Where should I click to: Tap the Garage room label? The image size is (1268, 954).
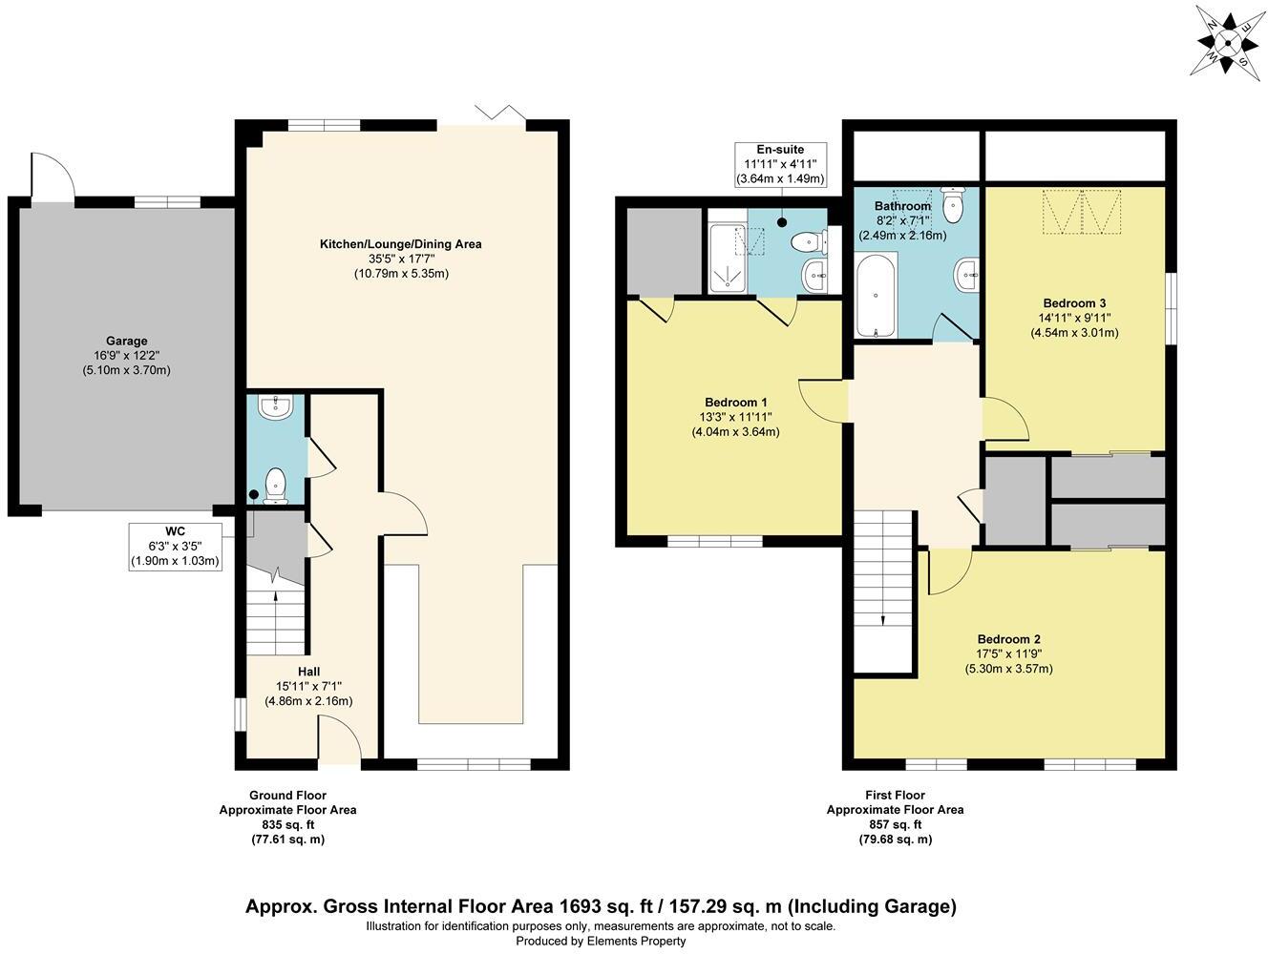coord(126,341)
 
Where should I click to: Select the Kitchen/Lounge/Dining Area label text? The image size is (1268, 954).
coord(400,244)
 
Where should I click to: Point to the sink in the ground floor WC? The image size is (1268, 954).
coord(277,407)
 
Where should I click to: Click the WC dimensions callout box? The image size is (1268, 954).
coord(176,547)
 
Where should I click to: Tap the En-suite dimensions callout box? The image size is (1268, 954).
coord(780,164)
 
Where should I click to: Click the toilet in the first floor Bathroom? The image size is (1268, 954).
coord(954,201)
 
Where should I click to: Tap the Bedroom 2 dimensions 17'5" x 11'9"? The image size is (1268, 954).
coord(1008,653)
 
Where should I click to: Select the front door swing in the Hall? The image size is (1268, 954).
coord(339,741)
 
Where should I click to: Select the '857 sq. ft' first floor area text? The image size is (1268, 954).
coord(894,824)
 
